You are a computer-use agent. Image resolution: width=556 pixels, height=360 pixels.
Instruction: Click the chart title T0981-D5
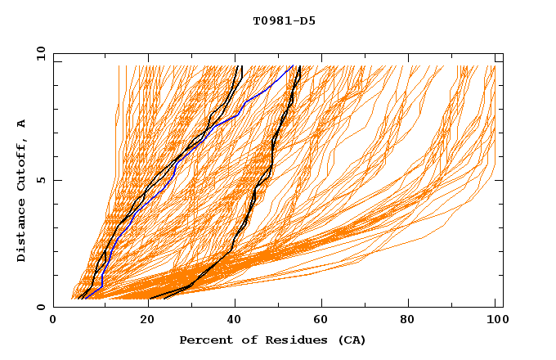[284, 21]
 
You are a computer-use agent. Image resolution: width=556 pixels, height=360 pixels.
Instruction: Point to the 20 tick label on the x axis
[143, 321]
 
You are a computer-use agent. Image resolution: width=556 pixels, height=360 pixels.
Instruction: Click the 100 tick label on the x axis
[495, 321]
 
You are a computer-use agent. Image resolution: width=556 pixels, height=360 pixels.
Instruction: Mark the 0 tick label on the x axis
[54, 321]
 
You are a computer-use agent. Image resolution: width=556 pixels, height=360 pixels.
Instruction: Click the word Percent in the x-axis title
[204, 340]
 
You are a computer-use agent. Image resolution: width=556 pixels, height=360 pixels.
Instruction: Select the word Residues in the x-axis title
[298, 340]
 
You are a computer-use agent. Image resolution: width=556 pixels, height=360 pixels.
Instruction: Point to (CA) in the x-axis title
[352, 340]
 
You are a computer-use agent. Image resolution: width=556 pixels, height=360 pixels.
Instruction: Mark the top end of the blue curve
[293, 66]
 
